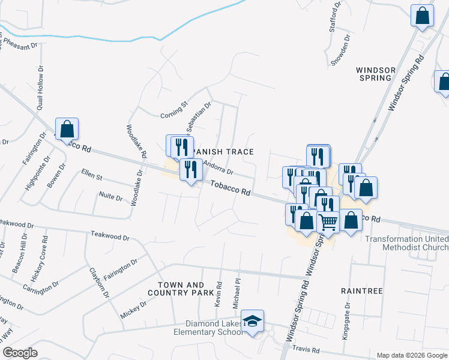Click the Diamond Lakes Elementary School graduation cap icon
click(x=253, y=320)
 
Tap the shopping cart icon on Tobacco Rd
click(x=328, y=221)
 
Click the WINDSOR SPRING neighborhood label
click(x=376, y=74)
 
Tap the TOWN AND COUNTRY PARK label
click(x=185, y=289)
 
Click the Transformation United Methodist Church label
click(x=407, y=244)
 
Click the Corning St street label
click(x=175, y=113)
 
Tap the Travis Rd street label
click(x=307, y=349)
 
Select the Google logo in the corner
click(x=20, y=353)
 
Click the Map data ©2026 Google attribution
click(x=412, y=355)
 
